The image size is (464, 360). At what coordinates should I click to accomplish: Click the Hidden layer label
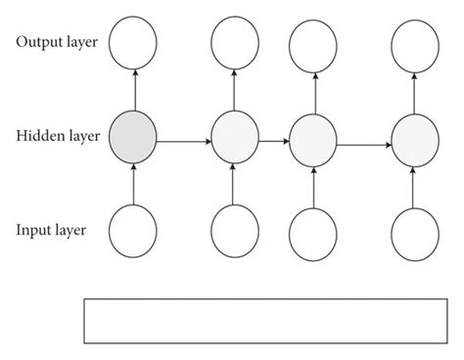(57, 136)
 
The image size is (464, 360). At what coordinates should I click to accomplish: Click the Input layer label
(52, 231)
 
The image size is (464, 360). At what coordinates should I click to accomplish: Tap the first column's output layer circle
(133, 42)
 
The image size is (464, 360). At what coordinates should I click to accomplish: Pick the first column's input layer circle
(133, 232)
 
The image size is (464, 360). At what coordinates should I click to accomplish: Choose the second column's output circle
(235, 42)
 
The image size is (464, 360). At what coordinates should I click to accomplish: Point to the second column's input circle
(235, 232)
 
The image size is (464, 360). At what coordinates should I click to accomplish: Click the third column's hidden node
(313, 137)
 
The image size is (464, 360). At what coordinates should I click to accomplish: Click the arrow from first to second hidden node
(184, 141)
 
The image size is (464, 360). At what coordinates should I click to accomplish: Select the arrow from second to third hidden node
(274, 143)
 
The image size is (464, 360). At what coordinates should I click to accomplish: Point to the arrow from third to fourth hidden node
(364, 146)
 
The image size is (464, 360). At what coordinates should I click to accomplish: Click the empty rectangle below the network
(265, 321)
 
